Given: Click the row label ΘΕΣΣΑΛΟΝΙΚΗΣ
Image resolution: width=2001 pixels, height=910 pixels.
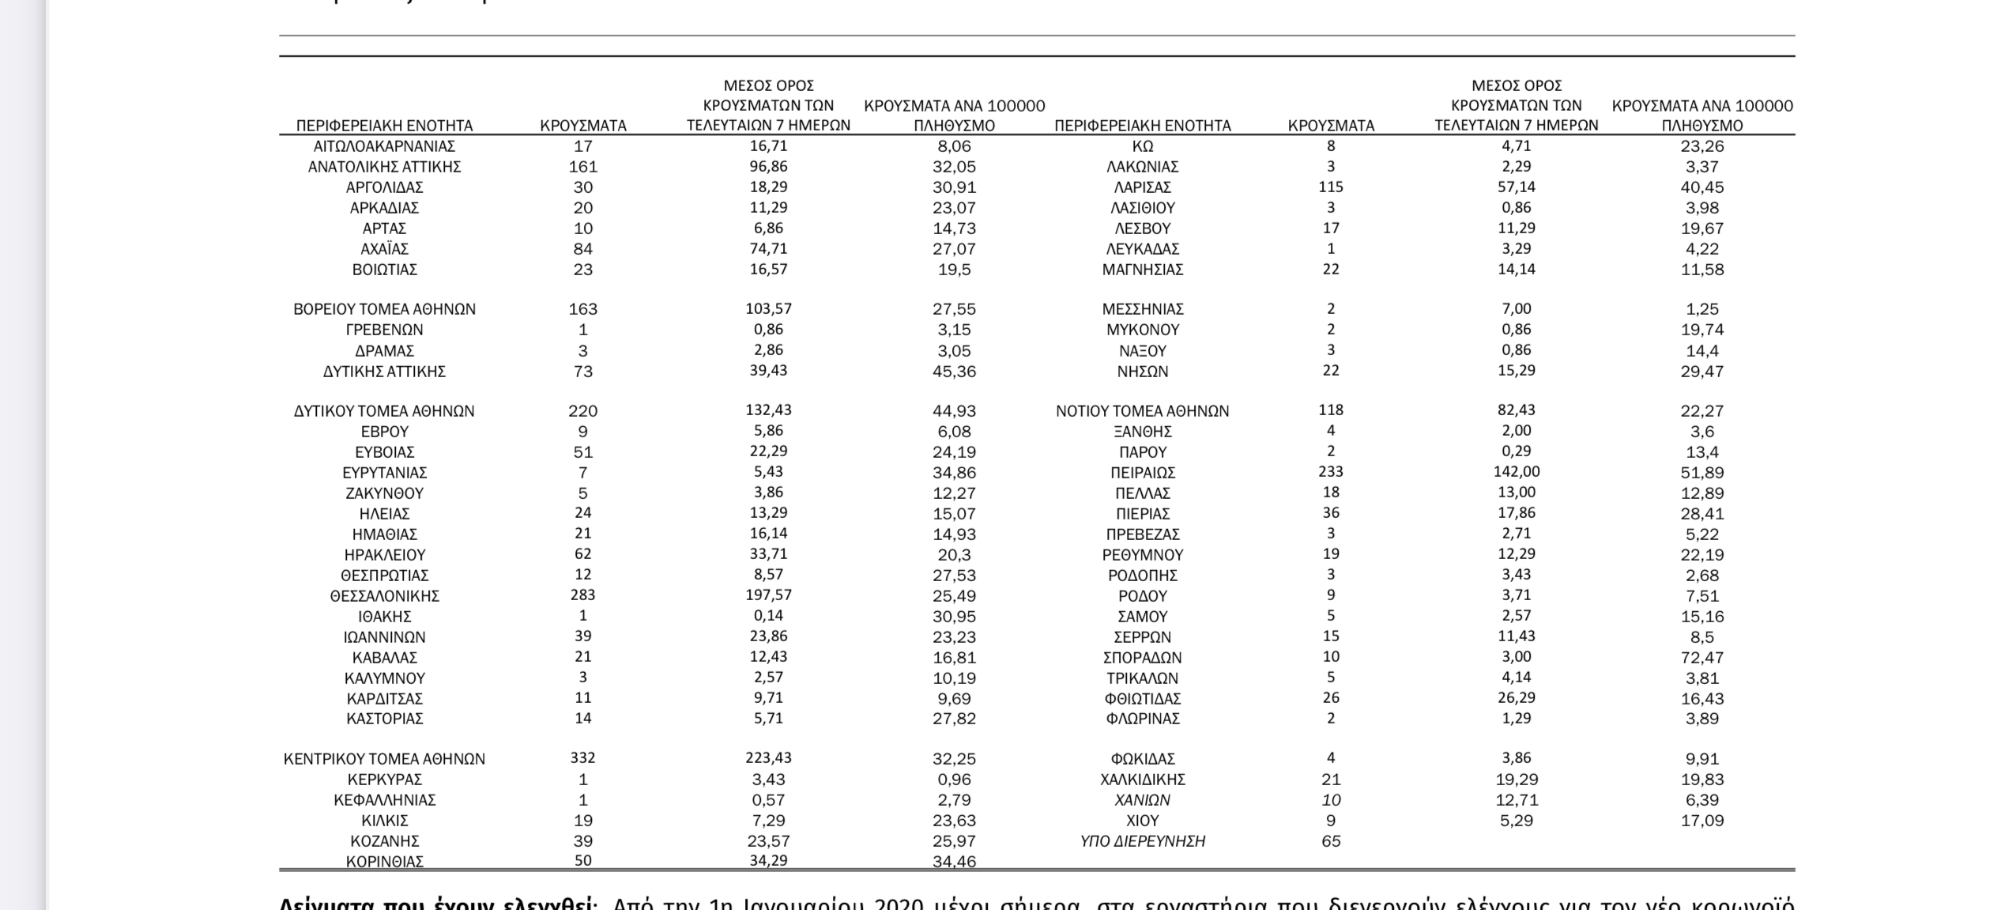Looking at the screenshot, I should pyautogui.click(x=384, y=596).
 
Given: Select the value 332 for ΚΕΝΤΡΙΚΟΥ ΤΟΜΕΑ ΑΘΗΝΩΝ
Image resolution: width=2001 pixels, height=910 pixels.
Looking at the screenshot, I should pyautogui.click(x=582, y=757).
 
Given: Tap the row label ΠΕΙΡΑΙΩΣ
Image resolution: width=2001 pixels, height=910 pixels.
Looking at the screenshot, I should pyautogui.click(x=1142, y=473).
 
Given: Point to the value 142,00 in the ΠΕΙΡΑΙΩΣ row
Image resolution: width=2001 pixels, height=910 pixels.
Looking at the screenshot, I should pyautogui.click(x=1516, y=471).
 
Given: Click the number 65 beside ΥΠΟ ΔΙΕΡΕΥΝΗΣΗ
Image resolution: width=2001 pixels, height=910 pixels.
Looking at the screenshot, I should pyautogui.click(x=1331, y=841).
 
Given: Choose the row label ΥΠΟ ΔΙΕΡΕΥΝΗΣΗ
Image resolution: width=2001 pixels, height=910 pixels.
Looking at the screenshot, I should pyautogui.click(x=1142, y=841).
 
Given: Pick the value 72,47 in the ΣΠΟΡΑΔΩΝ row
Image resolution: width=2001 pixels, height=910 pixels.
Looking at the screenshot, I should pyautogui.click(x=1701, y=658).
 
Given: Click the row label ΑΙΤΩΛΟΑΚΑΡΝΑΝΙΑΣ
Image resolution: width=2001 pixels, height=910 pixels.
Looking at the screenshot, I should pyautogui.click(x=384, y=146).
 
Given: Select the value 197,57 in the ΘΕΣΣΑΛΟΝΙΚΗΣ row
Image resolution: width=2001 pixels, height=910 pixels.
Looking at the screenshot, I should pyautogui.click(x=768, y=595).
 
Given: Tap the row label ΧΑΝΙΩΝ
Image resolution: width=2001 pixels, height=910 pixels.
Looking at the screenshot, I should pyautogui.click(x=1142, y=800).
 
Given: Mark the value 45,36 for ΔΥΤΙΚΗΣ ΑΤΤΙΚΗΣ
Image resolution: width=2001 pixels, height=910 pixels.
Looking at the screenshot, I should pyautogui.click(x=954, y=372).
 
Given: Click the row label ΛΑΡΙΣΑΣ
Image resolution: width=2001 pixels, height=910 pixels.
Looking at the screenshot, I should pyautogui.click(x=1142, y=187).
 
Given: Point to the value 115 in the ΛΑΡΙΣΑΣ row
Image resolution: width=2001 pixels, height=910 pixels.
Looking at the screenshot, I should pyautogui.click(x=1331, y=187).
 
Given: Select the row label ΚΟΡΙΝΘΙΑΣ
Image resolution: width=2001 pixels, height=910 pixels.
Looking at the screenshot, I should pyautogui.click(x=384, y=862).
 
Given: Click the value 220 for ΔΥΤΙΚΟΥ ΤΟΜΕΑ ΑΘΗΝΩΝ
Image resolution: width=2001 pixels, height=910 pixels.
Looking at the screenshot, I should pyautogui.click(x=582, y=411).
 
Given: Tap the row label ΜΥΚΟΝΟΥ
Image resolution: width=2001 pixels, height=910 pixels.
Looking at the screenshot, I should pyautogui.click(x=1142, y=330).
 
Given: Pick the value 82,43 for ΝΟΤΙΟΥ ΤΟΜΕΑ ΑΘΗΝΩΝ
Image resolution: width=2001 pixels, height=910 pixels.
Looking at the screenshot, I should pyautogui.click(x=1516, y=410).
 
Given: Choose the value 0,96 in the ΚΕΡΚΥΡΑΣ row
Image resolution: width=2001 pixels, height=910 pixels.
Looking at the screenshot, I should pyautogui.click(x=954, y=780).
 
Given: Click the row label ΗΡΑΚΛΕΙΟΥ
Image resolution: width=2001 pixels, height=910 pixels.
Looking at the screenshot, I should pyautogui.click(x=384, y=555).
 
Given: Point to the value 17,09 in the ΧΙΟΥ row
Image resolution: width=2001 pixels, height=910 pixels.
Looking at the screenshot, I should pyautogui.click(x=1701, y=821).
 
